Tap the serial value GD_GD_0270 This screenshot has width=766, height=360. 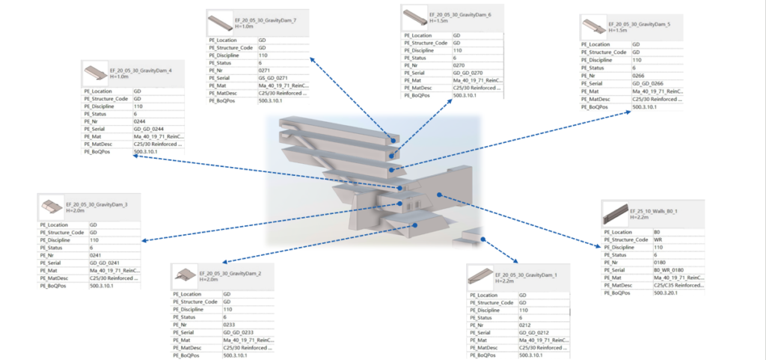click(x=470, y=73)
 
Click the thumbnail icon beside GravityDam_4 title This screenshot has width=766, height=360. click(x=95, y=73)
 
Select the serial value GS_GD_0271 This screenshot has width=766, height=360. click(x=273, y=76)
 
